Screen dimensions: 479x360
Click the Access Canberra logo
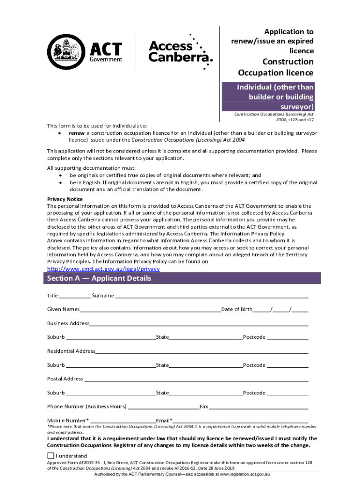click(180, 52)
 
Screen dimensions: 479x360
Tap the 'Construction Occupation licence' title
click(276, 67)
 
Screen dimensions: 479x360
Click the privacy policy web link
click(104, 269)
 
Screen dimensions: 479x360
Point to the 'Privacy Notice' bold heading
click(65, 199)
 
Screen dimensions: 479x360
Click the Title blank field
click(75, 296)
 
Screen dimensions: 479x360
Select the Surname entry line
click(211, 296)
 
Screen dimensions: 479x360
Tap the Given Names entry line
click(150, 310)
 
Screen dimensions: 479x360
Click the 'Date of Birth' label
click(237, 310)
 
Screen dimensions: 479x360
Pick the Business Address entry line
click(199, 324)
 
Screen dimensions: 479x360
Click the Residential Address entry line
click(202, 351)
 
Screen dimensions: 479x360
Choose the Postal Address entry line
click(196, 379)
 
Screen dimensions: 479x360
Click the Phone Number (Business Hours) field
click(163, 407)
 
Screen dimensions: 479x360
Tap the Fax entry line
click(258, 407)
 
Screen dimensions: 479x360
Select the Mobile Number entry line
click(123, 421)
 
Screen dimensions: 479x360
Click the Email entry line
click(240, 421)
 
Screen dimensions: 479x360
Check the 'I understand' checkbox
click(50, 456)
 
